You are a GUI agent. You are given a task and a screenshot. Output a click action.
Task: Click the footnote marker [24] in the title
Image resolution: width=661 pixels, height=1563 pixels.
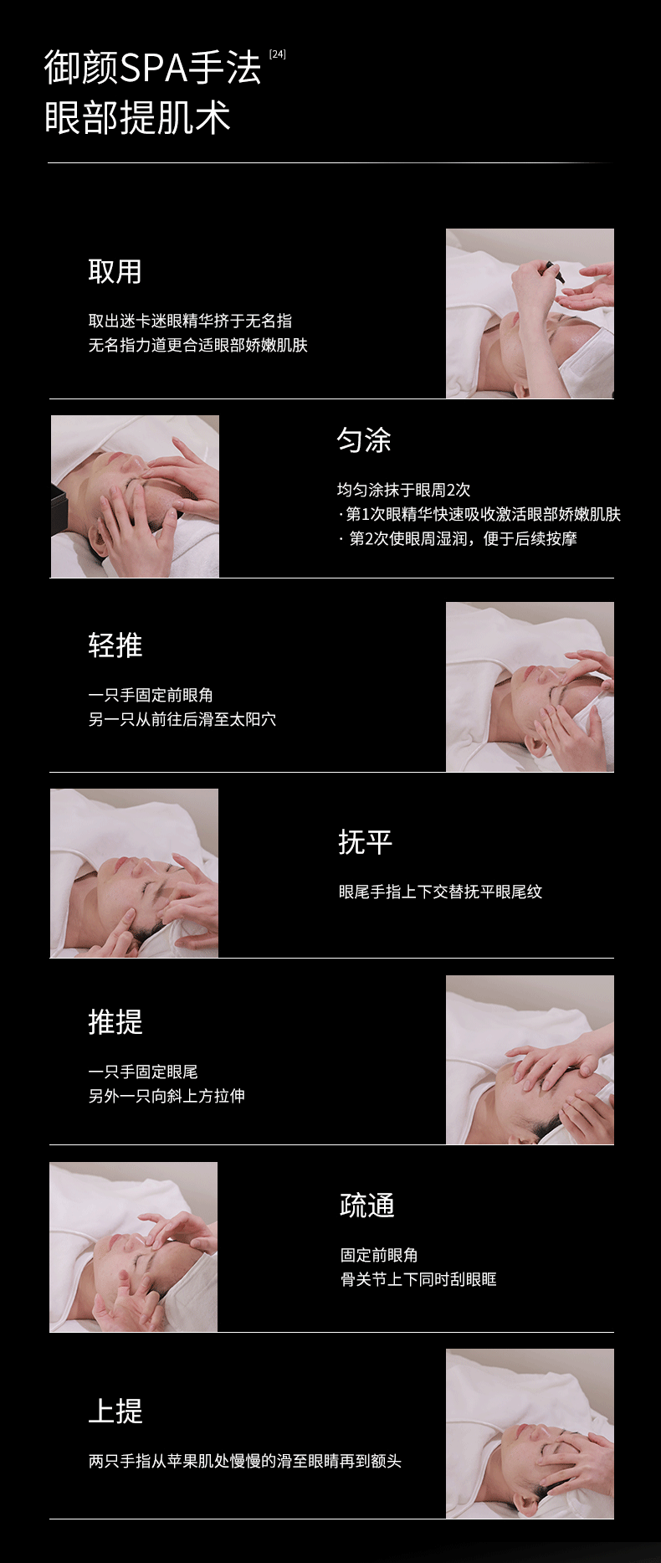(278, 54)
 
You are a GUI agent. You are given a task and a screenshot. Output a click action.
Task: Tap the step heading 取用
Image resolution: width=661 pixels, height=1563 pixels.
(115, 271)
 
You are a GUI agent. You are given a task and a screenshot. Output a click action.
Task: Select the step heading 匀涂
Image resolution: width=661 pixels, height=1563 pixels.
(364, 440)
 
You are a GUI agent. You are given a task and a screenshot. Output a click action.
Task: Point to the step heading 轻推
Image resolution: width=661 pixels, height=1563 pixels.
(115, 645)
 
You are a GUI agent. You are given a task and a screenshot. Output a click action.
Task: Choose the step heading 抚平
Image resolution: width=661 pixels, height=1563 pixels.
(365, 841)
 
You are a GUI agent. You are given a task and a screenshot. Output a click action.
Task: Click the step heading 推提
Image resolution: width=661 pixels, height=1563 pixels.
(115, 1022)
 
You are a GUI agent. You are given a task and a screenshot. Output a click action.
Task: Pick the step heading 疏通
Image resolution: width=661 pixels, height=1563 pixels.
(366, 1206)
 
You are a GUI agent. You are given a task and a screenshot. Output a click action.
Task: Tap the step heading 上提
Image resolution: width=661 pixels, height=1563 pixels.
(115, 1411)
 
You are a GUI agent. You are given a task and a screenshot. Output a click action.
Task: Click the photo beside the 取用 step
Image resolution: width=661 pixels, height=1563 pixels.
(530, 313)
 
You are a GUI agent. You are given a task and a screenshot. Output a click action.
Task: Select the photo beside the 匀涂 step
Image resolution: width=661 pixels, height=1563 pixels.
(135, 496)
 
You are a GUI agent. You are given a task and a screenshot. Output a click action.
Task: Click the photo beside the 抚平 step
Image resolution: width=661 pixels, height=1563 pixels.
(134, 873)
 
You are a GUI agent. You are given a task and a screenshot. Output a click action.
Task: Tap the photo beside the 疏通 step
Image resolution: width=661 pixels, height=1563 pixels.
(133, 1247)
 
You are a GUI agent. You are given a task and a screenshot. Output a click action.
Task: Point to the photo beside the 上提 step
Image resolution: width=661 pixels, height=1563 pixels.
(530, 1433)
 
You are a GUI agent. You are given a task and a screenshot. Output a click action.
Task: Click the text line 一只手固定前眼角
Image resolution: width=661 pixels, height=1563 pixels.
(151, 695)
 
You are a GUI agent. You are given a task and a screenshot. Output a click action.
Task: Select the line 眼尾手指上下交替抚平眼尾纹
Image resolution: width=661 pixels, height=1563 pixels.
(440, 892)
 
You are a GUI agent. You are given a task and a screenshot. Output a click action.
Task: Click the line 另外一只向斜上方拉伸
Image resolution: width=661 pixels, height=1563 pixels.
(167, 1096)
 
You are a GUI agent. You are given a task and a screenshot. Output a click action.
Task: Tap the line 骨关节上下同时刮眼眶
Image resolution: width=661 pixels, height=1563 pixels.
(418, 1279)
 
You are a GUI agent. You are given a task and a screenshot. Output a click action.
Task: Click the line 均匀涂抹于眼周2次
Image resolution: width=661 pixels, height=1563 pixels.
(403, 490)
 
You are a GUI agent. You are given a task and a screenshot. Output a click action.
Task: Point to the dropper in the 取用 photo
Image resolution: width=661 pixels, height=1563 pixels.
(552, 271)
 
